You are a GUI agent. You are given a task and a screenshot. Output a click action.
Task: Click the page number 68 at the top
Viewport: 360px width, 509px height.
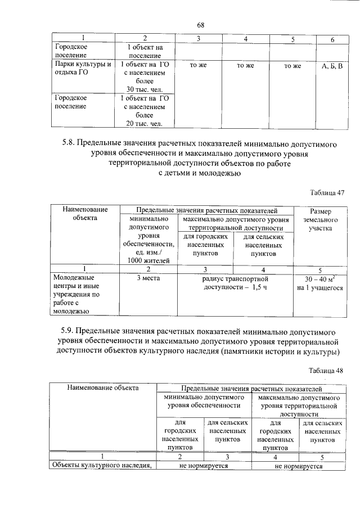click(200, 24)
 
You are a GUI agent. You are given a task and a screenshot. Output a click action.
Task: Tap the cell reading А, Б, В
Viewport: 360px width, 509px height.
click(331, 66)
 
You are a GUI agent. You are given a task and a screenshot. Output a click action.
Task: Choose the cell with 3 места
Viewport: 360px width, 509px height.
click(148, 278)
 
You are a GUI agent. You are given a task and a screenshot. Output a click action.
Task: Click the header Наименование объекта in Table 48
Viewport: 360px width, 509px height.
click(102, 388)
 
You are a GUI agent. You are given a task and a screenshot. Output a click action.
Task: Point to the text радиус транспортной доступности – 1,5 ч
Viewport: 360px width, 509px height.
click(235, 282)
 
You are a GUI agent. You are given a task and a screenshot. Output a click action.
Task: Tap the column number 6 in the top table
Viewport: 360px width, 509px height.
click(332, 39)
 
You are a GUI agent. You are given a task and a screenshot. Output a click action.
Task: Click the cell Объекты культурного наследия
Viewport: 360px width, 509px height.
click(102, 465)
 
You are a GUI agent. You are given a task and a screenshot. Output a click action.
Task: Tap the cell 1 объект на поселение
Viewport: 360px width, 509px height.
click(145, 52)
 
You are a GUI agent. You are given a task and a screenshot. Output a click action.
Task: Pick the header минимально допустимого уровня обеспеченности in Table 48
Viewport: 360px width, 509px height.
click(204, 401)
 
